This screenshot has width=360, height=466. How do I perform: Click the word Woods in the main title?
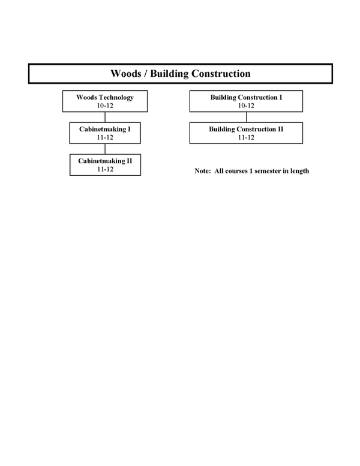[125, 73]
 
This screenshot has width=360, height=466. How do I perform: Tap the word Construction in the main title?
[221, 73]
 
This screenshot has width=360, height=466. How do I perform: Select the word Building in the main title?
[169, 74]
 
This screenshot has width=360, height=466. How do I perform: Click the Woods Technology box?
[105, 101]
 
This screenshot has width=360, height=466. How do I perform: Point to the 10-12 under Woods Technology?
[105, 106]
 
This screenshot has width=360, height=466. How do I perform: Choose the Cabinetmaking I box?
[105, 133]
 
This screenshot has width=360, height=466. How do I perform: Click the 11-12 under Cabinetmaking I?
[105, 138]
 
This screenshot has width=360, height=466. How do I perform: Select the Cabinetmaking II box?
[105, 165]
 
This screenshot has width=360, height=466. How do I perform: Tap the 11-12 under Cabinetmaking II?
[105, 169]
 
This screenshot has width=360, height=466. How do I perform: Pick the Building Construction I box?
[246, 101]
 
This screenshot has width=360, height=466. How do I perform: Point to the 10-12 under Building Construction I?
[246, 106]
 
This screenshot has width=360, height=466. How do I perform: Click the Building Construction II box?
[246, 133]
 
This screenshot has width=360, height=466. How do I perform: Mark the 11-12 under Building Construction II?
[246, 138]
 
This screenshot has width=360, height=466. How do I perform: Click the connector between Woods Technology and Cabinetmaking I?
[105, 117]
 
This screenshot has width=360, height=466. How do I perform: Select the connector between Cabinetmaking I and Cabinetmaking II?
[105, 149]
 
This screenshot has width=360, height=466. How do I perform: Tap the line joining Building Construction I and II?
[246, 117]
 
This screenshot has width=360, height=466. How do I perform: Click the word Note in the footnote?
[203, 171]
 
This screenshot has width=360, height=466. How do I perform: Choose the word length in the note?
[300, 172]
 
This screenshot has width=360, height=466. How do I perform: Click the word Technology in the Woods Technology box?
[116, 98]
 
